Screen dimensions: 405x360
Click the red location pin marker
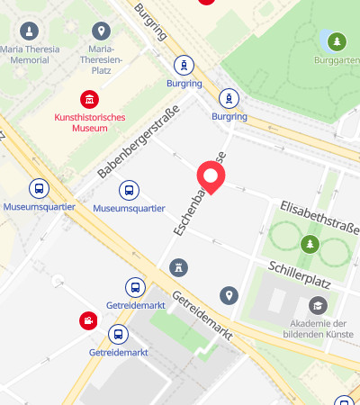tap(211, 175)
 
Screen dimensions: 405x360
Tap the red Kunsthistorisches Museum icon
tap(89, 99)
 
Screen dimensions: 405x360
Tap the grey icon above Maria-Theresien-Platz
tap(102, 31)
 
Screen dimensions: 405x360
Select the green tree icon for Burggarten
tap(337, 41)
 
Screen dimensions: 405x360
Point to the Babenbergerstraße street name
tap(139, 140)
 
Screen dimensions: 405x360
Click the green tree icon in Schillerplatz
tap(310, 244)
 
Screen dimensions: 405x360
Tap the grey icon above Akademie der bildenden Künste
tap(316, 305)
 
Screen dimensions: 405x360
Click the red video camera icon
tap(87, 319)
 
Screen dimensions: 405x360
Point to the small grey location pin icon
tap(229, 295)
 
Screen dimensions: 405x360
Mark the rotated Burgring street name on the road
tap(150, 22)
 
